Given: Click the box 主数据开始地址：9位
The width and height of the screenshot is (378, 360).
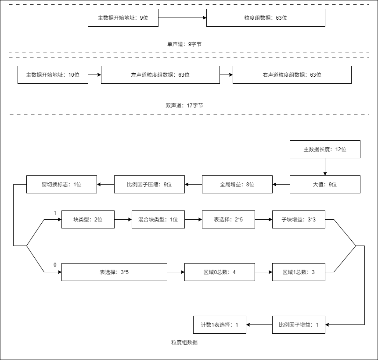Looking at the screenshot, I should (x=123, y=18).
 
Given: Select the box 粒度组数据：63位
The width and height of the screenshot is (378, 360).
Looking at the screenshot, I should (x=266, y=18).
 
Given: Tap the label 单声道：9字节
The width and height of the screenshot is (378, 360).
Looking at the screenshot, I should (x=184, y=44).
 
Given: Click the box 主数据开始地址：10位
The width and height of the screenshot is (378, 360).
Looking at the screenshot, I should (x=53, y=75).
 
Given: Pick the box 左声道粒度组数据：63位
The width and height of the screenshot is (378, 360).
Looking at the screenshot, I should (x=160, y=75).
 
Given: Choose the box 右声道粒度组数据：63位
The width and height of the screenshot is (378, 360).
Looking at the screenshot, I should (x=292, y=75).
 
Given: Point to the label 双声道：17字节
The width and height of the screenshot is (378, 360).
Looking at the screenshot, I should (x=184, y=106).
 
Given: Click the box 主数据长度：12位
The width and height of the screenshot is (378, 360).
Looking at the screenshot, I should (x=325, y=150).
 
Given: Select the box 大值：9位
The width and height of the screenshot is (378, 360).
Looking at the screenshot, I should (x=325, y=185).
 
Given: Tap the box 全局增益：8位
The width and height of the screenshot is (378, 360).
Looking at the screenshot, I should (x=237, y=185).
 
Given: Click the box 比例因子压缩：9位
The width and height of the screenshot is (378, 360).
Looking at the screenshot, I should (x=149, y=185).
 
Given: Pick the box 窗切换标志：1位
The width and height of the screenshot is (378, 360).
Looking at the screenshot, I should (x=61, y=185).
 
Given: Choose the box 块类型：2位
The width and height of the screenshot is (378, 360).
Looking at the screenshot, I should (x=88, y=220).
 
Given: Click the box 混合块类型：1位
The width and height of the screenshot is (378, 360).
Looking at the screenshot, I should (x=158, y=220).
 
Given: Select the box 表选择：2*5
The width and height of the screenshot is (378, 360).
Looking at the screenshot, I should (x=228, y=220).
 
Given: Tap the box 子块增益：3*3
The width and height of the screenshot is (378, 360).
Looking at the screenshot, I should (x=299, y=220).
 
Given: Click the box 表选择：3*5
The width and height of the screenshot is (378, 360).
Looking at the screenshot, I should (x=114, y=272).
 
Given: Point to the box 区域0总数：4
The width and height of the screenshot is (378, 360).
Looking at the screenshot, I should (x=220, y=272).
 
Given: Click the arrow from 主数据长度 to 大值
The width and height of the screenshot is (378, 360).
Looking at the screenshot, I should (x=325, y=167).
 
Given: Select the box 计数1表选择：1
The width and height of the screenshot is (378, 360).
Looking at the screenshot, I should (x=220, y=325).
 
